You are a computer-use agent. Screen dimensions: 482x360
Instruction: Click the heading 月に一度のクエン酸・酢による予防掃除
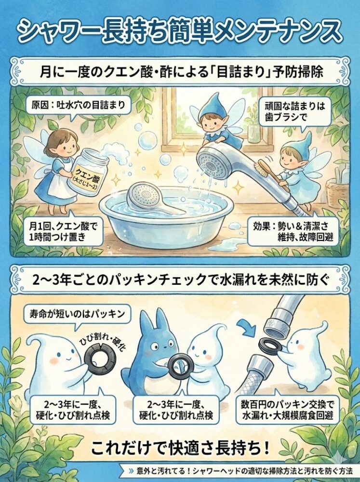pyautogui.click(x=180, y=72)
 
